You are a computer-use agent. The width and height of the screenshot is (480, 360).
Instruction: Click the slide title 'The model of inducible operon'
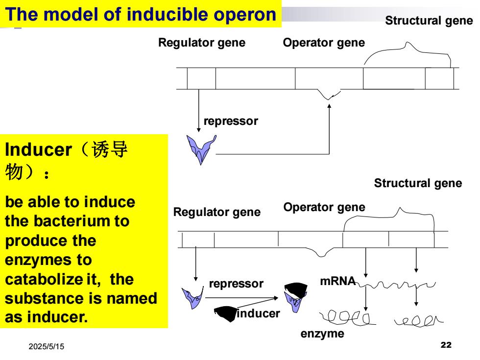click(141, 14)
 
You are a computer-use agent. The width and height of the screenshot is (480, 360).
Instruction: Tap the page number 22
click(446, 345)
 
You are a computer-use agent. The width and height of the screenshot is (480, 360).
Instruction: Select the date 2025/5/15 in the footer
click(47, 347)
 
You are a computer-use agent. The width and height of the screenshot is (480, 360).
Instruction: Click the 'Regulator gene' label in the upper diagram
click(202, 43)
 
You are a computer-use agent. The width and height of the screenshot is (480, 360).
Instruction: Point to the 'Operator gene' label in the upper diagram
click(324, 43)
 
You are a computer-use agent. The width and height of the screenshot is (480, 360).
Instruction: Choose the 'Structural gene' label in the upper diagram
click(429, 21)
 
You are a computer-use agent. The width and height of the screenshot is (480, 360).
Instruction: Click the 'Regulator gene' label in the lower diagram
click(216, 212)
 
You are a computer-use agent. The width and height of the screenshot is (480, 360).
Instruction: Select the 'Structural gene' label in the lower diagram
click(418, 183)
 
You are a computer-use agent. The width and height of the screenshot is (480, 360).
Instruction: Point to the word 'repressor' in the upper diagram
click(231, 121)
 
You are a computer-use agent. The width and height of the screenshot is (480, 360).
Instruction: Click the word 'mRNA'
click(337, 281)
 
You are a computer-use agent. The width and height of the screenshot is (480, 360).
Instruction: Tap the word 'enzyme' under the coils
click(322, 334)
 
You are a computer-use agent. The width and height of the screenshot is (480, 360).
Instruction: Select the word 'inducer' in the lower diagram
click(259, 313)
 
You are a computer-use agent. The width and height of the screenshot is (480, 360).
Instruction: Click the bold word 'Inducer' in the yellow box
click(38, 150)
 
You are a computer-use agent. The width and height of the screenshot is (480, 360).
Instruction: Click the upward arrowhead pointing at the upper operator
click(329, 106)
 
